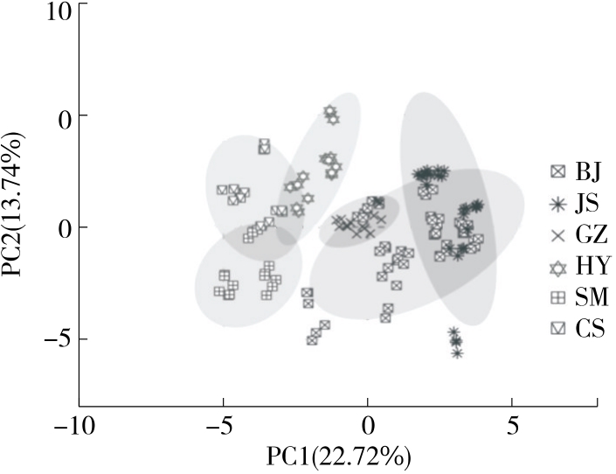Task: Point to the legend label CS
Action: click(x=586, y=329)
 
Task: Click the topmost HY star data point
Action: click(x=330, y=112)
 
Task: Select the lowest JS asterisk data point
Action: click(x=458, y=352)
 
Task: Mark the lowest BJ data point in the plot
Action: click(x=313, y=339)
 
